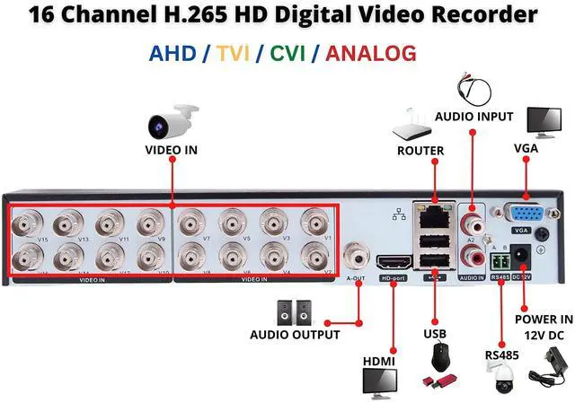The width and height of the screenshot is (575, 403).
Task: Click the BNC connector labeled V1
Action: click(x=315, y=221)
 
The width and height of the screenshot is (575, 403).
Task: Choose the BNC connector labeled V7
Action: click(x=193, y=221)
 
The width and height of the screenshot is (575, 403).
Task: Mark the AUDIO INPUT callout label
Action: click(x=473, y=117)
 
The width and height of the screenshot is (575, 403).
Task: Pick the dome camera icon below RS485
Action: click(x=500, y=381)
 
